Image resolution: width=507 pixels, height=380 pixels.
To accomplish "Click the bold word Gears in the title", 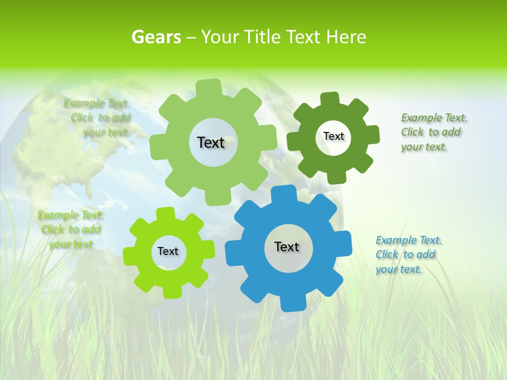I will pyautogui.click(x=156, y=37).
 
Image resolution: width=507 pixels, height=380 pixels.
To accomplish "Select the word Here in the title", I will pyautogui.click(x=346, y=37).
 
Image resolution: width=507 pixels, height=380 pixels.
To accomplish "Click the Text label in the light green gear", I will pyautogui.click(x=211, y=142).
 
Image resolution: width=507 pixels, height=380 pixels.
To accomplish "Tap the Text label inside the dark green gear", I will pyautogui.click(x=333, y=136).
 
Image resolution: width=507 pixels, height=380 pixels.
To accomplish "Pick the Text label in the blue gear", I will pyautogui.click(x=287, y=246).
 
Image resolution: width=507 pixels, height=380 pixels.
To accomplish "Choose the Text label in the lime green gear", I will pyautogui.click(x=168, y=251).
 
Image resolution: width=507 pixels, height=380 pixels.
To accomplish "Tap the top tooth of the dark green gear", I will pyautogui.click(x=330, y=99).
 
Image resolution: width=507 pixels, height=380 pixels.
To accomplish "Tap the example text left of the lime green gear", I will pyautogui.click(x=71, y=229).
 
